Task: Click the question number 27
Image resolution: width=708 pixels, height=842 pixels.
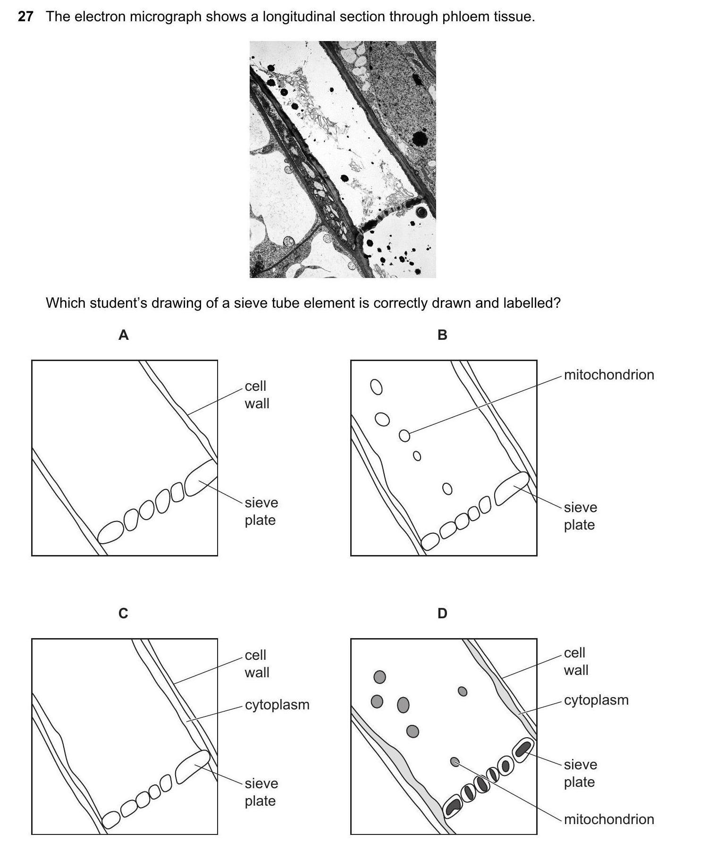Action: pyautogui.click(x=25, y=17)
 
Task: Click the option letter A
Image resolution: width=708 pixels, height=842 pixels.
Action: pyautogui.click(x=123, y=335)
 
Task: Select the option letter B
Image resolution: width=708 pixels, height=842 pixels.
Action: pyautogui.click(x=442, y=335)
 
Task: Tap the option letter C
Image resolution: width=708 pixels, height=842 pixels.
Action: pyautogui.click(x=123, y=613)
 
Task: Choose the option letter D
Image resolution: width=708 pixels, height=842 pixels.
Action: pyautogui.click(x=442, y=613)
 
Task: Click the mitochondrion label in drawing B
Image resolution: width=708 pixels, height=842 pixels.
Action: pyautogui.click(x=609, y=375)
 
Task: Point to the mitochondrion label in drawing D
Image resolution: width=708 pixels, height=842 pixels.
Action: pyautogui.click(x=609, y=819)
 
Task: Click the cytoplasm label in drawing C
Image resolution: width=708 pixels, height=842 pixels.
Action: pyautogui.click(x=277, y=705)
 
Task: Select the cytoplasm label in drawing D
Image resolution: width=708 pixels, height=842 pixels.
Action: pyautogui.click(x=596, y=700)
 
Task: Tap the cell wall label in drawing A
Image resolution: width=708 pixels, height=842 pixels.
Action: pyautogui.click(x=257, y=395)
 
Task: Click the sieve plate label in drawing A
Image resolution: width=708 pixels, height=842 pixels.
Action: pyautogui.click(x=261, y=511)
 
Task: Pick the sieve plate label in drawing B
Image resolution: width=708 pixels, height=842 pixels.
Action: pyautogui.click(x=581, y=516)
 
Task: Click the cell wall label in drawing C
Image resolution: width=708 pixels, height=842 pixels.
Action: pyautogui.click(x=257, y=664)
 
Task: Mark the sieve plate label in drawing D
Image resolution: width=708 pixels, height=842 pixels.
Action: pyautogui.click(x=581, y=773)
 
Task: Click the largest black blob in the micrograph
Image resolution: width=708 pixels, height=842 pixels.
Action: pyautogui.click(x=420, y=138)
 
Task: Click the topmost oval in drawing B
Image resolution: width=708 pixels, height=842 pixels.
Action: pyautogui.click(x=377, y=387)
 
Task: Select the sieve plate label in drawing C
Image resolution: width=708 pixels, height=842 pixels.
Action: pyautogui.click(x=261, y=792)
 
